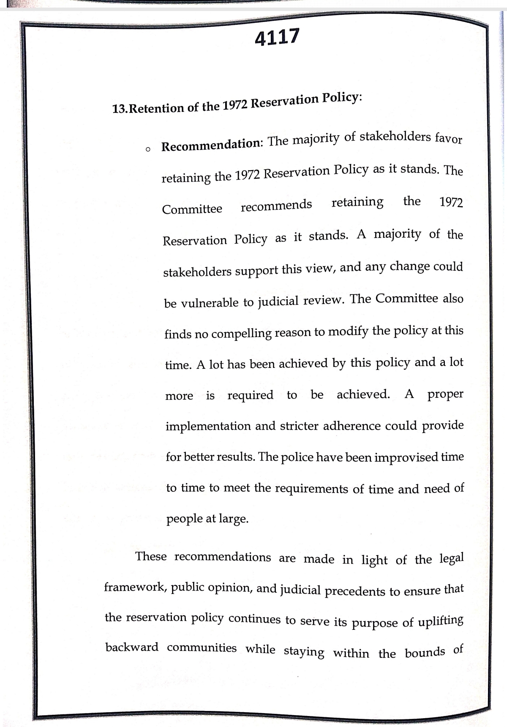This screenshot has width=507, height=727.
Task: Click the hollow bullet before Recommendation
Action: coord(147,149)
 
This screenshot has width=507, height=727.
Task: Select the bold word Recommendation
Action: coord(211,144)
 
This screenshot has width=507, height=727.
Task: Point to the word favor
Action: coord(448,139)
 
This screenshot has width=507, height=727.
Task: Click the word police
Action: coord(297,457)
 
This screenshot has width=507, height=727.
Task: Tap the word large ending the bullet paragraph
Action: coord(233,519)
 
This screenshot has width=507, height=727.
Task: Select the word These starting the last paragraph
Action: coord(151,556)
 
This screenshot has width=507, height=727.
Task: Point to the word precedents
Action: coord(355,591)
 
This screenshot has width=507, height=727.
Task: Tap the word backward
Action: coord(132,647)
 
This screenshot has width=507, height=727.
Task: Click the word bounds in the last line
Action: coord(425,653)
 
